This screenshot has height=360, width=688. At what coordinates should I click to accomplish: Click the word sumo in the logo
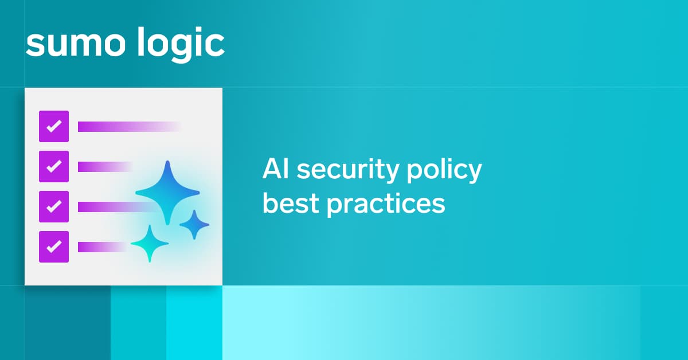click(76, 44)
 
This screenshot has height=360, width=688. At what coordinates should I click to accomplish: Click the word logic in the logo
click(181, 45)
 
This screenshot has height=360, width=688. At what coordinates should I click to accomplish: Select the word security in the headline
click(348, 171)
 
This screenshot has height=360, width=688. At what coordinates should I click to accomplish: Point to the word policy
click(444, 171)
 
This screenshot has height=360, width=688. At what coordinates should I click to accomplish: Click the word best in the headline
click(290, 204)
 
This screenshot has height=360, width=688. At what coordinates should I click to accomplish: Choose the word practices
click(385, 205)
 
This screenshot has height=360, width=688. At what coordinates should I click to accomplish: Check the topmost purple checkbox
click(54, 126)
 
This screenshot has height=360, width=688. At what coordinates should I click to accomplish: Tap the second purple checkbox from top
click(54, 166)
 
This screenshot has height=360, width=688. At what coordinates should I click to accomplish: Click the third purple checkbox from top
click(54, 206)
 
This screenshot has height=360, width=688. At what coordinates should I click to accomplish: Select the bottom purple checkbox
click(54, 246)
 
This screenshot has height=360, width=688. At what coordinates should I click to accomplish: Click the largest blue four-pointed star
click(167, 193)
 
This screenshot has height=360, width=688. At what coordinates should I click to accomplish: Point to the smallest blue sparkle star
click(194, 225)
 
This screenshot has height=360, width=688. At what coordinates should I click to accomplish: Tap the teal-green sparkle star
click(150, 244)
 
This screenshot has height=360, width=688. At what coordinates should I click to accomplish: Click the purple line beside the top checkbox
click(130, 127)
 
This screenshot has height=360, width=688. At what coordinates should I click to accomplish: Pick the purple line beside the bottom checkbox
click(103, 247)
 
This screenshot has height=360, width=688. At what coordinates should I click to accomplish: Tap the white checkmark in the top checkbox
click(54, 126)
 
